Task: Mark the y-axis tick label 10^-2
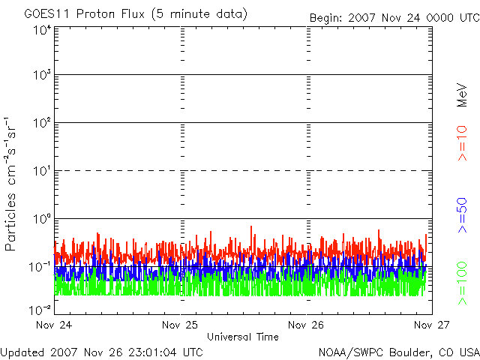[40, 308]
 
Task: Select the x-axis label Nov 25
[181, 325]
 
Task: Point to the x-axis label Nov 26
[307, 325]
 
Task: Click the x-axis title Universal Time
[242, 337]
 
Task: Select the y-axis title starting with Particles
[11, 184]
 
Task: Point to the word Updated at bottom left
[22, 351]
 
